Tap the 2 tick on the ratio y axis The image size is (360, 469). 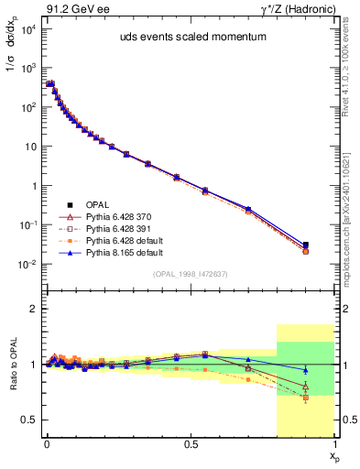[x=35, y=309]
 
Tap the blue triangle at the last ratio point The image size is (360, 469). [x=306, y=370]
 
